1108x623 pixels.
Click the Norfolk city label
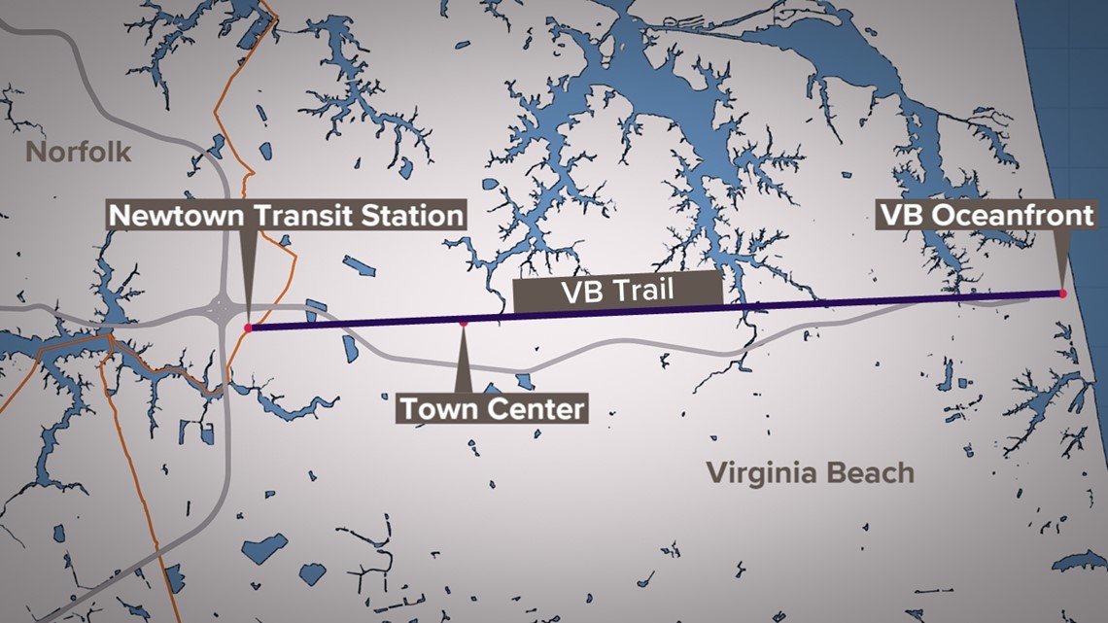78,153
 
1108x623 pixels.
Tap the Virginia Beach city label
810,473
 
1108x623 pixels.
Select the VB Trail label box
618,290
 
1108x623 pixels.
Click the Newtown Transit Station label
286,215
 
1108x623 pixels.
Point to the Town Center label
493,408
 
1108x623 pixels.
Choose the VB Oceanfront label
987,215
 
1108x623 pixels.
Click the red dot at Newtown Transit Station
249,329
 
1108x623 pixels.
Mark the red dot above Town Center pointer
464,322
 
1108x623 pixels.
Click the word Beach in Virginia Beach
869,473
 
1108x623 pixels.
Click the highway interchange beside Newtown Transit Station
222,312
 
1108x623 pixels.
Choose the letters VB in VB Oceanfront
899,215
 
